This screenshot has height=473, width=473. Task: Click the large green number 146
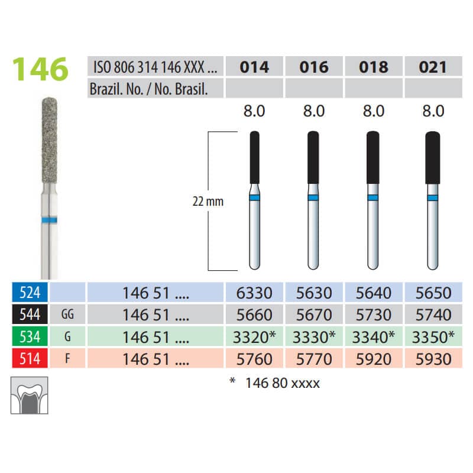coord(41,70)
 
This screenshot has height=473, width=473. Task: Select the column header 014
coord(255,67)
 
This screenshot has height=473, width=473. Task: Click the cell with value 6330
coord(255,293)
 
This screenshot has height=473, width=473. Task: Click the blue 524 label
coord(26,293)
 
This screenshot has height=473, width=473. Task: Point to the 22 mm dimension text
coord(208,201)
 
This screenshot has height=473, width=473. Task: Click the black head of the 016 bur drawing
coord(314,155)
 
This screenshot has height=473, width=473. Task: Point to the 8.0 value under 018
coord(373,111)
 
